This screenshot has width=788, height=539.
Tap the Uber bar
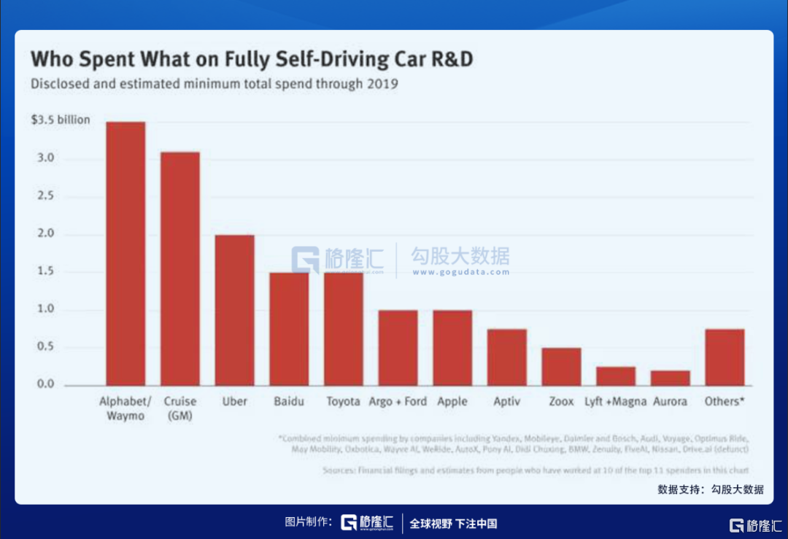pos(234,310)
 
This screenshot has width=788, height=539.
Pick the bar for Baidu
pos(289,329)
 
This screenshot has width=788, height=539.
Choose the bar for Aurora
pos(670,378)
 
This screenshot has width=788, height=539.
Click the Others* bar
pos(725,357)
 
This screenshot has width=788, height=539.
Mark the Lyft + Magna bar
pos(616,376)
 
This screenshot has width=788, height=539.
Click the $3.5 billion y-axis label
pos(61,120)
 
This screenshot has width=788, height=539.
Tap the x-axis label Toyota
pos(343,402)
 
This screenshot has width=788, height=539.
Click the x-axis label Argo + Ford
pos(398,402)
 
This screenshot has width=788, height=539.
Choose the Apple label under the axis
pos(452,402)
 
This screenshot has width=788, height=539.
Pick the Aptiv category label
pos(506,402)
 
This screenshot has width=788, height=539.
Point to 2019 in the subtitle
pos(382,83)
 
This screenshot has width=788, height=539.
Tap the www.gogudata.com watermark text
pos(460,272)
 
